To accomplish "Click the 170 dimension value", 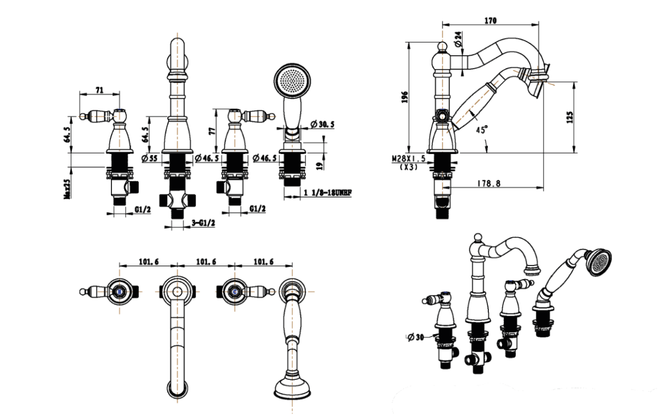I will point(490,21).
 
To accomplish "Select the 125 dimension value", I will point(569,117).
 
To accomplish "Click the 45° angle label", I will point(482,129).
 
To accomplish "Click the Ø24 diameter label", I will point(458,39).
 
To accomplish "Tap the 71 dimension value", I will point(100,89).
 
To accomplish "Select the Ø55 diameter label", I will point(149,159).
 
